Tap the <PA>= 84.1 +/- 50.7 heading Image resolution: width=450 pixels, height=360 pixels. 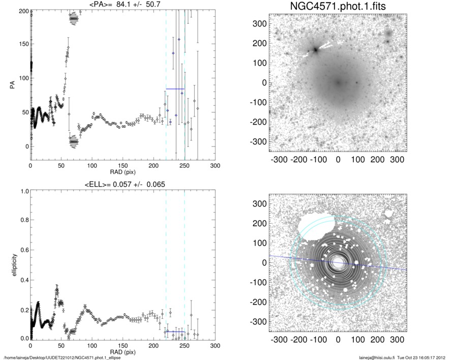coord(122,5)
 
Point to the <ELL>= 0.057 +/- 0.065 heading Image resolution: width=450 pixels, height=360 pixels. coord(122,184)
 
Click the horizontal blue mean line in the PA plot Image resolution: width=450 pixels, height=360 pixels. coord(175,89)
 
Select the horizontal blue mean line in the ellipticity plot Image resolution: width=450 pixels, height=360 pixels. coord(175,332)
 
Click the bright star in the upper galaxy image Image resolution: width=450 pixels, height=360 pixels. coord(315,49)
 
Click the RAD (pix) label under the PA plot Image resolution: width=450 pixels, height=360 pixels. coord(123,172)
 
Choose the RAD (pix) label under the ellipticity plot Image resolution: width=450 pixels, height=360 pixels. coord(123,351)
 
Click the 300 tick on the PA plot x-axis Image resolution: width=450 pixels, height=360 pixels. coord(215,166)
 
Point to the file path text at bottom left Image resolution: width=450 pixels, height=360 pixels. coord(61,357)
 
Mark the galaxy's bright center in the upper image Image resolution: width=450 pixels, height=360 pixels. coord(338,82)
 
